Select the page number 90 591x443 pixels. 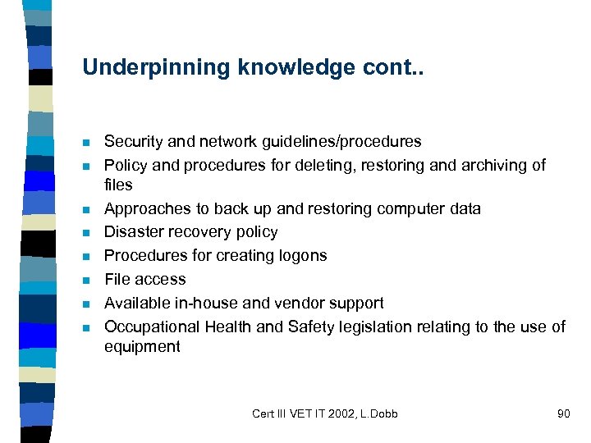(x=563, y=413)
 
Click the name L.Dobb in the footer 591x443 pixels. (x=378, y=413)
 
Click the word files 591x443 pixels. (x=118, y=185)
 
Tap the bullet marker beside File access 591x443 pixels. (x=86, y=281)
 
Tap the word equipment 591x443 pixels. (x=142, y=346)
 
